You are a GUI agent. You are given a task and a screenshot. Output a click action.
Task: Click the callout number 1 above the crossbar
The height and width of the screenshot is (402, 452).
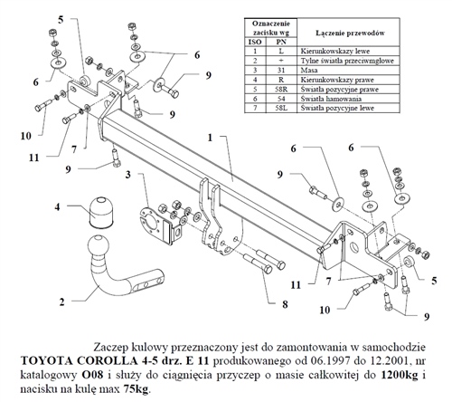(210, 139)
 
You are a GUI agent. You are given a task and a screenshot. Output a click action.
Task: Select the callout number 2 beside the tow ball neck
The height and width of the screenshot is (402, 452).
(62, 301)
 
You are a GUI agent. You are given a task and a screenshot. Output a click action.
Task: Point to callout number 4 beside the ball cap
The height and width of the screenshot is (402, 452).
(59, 207)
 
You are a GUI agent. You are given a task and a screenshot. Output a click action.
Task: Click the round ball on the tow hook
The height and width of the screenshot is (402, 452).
(97, 249)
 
